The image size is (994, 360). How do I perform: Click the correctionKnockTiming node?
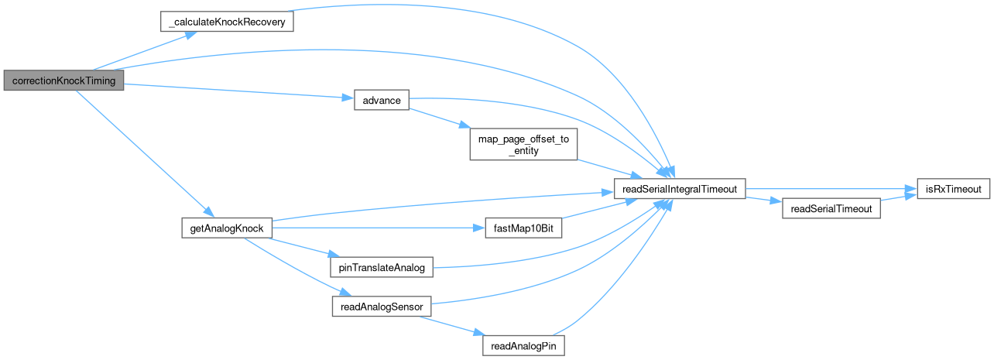(x=63, y=81)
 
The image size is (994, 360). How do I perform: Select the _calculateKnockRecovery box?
(x=227, y=22)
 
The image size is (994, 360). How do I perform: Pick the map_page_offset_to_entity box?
(x=524, y=145)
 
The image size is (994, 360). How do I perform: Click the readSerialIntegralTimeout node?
(x=680, y=188)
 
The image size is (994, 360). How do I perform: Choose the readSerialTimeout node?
(x=831, y=208)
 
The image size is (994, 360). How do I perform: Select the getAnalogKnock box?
(x=226, y=228)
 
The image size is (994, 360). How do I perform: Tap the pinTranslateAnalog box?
(x=381, y=268)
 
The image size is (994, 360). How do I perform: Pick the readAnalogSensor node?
(x=381, y=307)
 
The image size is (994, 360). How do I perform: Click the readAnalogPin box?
(x=523, y=345)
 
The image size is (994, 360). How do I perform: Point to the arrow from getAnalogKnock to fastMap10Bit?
(x=372, y=228)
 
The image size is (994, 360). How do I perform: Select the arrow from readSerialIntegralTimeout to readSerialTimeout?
(x=765, y=201)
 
